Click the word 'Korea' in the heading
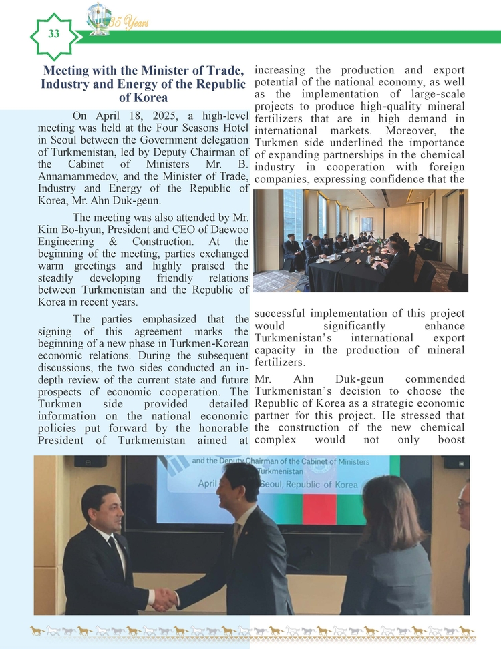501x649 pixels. click(x=147, y=97)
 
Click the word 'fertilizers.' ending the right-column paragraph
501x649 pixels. click(x=280, y=362)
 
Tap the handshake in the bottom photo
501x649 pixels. click(x=164, y=598)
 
